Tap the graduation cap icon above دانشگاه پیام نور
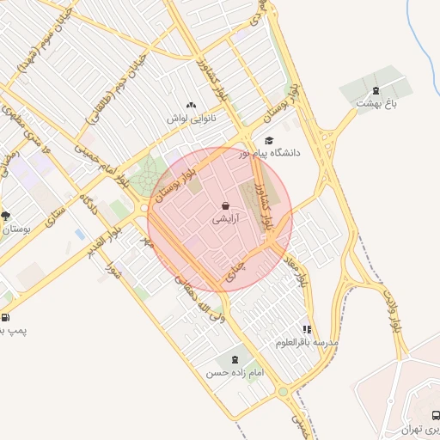click(269, 140)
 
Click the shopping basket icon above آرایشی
click(225, 206)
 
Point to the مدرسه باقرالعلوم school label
click(307, 342)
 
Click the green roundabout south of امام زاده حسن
click(283, 393)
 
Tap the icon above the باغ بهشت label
click(375, 91)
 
